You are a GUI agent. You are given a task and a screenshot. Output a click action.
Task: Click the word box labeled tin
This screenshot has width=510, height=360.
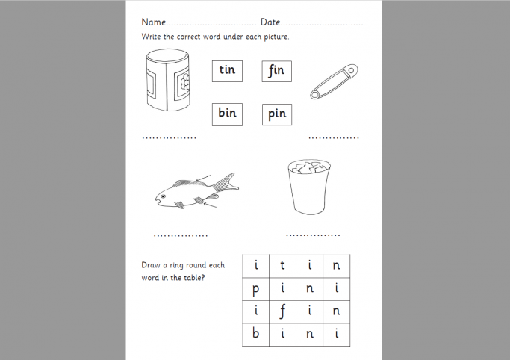(227, 71)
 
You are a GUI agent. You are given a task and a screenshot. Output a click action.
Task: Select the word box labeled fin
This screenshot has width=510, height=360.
(276, 71)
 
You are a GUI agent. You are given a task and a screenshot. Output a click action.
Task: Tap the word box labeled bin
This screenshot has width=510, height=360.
(227, 114)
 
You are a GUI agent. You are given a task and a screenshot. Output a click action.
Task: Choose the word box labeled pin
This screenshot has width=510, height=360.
(276, 114)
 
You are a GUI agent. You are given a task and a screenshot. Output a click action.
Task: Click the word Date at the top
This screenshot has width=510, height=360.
(270, 22)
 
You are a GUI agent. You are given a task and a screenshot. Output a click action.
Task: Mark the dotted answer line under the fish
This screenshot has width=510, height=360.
(181, 236)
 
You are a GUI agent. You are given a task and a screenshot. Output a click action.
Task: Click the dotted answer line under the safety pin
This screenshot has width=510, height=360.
(334, 138)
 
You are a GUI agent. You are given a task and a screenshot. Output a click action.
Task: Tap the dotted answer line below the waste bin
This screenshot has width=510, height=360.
(313, 235)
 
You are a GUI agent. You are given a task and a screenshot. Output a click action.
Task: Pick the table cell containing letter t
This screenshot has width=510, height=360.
(283, 265)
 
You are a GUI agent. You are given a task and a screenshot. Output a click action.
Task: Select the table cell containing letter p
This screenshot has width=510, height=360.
(255, 288)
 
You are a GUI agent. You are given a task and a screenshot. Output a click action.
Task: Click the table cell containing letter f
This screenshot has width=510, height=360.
(283, 311)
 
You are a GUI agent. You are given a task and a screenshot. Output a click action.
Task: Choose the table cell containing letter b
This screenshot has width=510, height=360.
(255, 335)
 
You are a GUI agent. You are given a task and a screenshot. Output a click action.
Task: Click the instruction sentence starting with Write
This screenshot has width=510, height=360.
(215, 37)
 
